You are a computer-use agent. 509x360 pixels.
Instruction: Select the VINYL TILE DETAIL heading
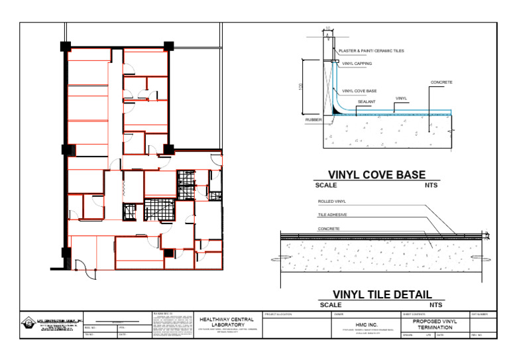coord(382,294)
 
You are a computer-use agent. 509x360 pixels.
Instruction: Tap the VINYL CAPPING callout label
coord(357,64)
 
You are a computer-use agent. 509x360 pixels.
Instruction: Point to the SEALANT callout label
coord(367,101)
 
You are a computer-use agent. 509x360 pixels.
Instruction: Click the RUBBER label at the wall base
coord(313,120)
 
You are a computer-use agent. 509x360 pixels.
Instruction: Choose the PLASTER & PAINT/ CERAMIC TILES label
coord(371,50)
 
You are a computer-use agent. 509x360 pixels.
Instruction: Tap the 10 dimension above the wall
coord(327,29)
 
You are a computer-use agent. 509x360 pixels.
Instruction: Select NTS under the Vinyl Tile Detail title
coord(435,305)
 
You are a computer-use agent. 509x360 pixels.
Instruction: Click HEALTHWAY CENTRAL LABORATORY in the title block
coord(227,322)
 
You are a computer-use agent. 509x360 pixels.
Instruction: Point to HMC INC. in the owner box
coord(366,324)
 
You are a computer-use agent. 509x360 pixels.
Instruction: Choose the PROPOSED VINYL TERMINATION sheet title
coord(435,324)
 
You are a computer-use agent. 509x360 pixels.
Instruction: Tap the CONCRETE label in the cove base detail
coord(441,82)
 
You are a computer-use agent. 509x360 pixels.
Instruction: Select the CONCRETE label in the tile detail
coord(329,229)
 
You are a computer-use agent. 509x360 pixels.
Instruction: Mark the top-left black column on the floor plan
coord(66,46)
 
